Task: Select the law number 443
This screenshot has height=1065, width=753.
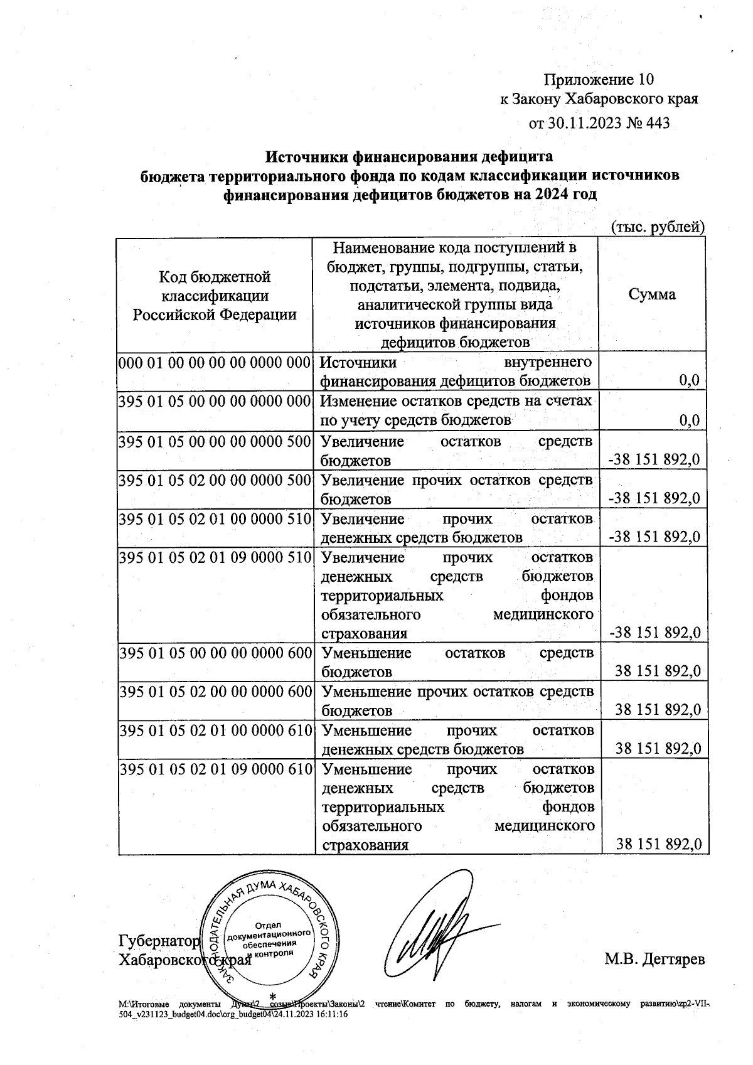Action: tap(657, 123)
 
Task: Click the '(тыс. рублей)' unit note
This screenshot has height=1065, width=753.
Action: tap(658, 227)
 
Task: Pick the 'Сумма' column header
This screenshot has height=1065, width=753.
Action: tap(653, 294)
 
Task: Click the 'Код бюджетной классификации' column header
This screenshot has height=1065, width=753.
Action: tap(214, 295)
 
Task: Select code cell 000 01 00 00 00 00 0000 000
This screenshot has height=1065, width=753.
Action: tap(215, 362)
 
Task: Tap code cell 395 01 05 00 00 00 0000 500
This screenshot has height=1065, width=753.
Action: tap(215, 441)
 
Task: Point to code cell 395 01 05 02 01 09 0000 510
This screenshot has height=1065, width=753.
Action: tap(215, 557)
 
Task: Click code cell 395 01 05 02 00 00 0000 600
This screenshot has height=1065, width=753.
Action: tap(215, 692)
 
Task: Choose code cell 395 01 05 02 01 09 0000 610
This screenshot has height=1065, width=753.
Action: tap(215, 769)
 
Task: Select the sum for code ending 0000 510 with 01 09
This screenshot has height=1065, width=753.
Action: tap(654, 633)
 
